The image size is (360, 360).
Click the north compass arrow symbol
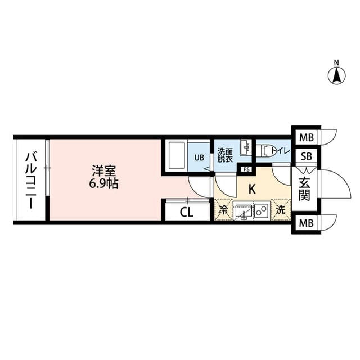point(336,75)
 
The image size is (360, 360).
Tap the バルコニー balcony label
point(30,179)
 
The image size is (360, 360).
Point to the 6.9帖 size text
point(103,183)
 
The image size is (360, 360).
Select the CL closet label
point(187,213)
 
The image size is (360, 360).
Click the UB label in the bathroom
point(200,157)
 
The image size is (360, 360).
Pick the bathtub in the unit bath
point(177,155)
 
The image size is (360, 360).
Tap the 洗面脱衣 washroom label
point(226,154)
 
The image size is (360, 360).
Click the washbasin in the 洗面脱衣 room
point(245,148)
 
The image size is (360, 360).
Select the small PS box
point(245,169)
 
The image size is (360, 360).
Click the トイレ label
point(280,151)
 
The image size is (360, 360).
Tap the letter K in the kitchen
point(252,189)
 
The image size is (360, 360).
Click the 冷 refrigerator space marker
point(223,211)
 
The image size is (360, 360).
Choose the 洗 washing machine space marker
point(281,211)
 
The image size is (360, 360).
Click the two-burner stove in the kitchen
point(261,211)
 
